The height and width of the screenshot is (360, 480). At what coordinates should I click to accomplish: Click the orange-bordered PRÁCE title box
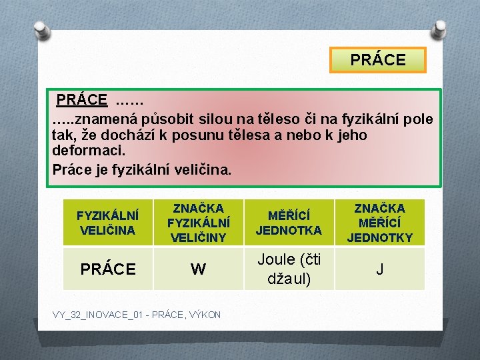(x=378, y=60)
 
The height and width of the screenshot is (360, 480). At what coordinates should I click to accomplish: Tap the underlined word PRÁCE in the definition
(x=81, y=100)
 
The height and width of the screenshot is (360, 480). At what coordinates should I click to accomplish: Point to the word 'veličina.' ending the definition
(x=203, y=169)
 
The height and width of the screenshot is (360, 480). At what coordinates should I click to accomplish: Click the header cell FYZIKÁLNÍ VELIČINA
(x=107, y=223)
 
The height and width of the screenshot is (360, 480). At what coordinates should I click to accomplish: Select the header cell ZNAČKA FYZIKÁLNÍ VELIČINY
(x=198, y=223)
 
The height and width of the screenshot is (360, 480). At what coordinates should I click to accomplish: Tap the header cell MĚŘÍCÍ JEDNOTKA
(x=289, y=223)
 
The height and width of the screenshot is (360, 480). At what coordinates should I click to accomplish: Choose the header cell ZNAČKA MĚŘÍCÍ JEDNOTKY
(x=379, y=223)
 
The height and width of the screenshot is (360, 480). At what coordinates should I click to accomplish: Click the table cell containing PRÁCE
(x=107, y=269)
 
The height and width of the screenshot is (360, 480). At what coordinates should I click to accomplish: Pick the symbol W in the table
(x=198, y=269)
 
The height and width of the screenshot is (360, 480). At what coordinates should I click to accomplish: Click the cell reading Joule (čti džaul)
(x=289, y=269)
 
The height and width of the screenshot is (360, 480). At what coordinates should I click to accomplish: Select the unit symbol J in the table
(x=379, y=269)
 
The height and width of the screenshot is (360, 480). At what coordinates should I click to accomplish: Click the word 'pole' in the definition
(x=417, y=119)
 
